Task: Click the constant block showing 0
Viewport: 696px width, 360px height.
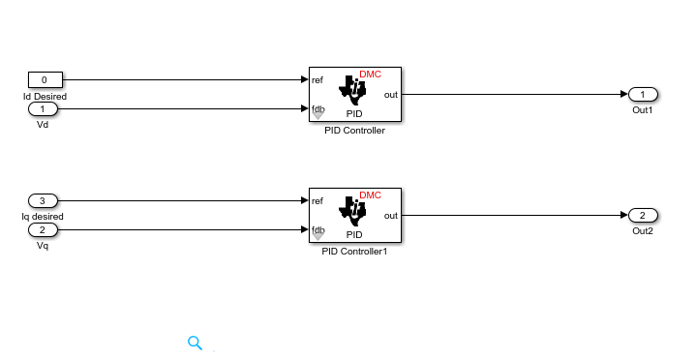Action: click(45, 80)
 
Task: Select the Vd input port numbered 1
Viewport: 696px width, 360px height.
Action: click(43, 108)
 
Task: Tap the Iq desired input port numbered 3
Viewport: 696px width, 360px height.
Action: click(43, 200)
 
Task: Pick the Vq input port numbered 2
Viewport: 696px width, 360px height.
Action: click(43, 230)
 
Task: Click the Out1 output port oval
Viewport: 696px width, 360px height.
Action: click(643, 94)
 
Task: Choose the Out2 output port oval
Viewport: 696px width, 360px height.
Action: click(643, 215)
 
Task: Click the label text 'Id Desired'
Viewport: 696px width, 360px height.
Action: click(45, 97)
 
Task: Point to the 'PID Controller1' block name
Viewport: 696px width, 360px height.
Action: click(354, 252)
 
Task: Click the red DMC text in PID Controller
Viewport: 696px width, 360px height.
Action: click(370, 75)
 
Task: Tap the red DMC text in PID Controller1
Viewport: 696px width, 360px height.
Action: click(370, 195)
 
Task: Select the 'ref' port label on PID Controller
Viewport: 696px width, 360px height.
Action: click(318, 80)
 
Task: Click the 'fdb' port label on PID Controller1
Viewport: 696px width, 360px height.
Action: click(318, 230)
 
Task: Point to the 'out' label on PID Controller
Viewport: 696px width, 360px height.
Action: click(391, 95)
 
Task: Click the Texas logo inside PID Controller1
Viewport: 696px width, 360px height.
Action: click(353, 212)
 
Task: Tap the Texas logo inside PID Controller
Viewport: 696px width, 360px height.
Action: click(353, 91)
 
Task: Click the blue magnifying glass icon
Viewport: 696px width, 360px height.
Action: click(195, 343)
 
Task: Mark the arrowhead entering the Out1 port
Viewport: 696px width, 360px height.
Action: click(624, 94)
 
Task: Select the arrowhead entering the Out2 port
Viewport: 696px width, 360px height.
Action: click(624, 215)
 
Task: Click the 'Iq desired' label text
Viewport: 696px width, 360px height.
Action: click(43, 217)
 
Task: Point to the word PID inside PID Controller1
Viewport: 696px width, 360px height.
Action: click(354, 235)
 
